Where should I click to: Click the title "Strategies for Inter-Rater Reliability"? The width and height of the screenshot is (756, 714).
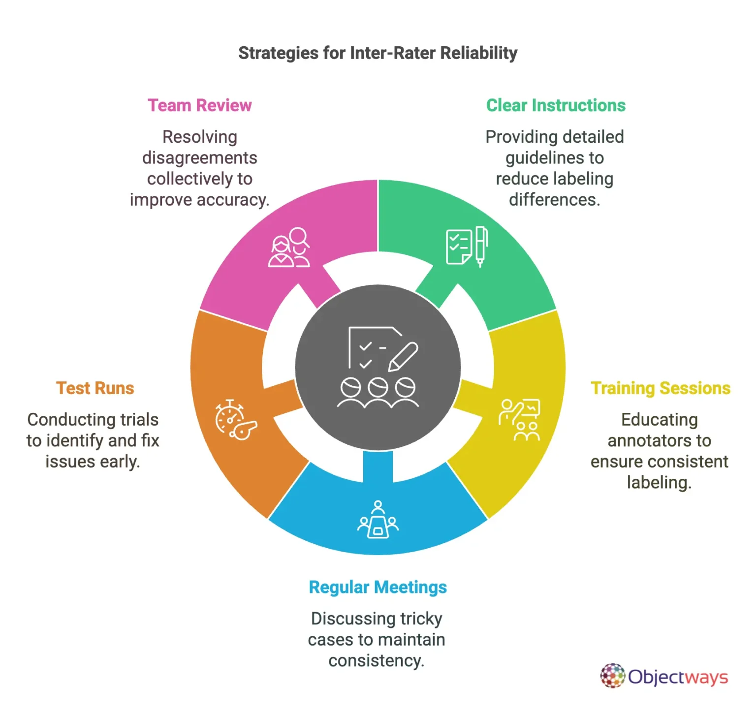coord(378,53)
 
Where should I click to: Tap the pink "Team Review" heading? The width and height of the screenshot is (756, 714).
coord(199,105)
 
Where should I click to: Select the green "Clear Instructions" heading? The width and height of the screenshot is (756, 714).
coord(556,105)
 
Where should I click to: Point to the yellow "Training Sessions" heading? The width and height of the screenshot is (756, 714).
coord(661,388)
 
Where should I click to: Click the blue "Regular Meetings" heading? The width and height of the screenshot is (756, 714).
coord(378,587)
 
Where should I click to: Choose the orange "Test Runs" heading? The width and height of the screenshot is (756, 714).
coord(95,388)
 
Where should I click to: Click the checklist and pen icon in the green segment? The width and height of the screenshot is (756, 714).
coord(467,247)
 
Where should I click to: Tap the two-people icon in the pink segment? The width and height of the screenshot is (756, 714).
coord(289,248)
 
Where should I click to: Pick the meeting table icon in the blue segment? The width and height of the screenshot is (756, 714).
coord(378,520)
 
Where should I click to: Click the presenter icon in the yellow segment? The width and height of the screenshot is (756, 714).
coord(520,420)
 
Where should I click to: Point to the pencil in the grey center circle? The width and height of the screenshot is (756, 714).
coord(403,357)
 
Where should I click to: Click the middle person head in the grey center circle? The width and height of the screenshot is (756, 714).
coord(378,387)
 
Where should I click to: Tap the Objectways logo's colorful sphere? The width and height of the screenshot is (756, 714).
coord(612,676)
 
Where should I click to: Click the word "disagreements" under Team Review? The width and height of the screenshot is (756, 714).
coord(199,158)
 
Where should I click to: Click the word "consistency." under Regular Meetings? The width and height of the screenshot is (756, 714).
coord(376,660)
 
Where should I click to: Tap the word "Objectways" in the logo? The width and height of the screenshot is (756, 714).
coord(678,677)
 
